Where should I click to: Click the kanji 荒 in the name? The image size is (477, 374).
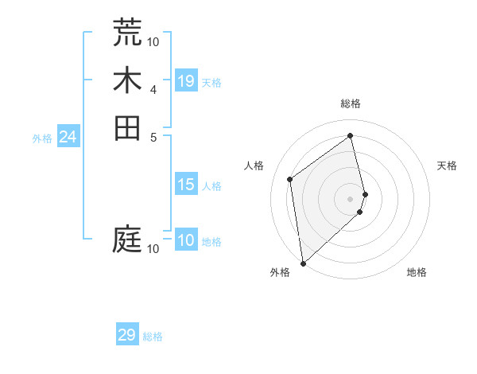127,32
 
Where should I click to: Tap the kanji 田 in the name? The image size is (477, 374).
127,127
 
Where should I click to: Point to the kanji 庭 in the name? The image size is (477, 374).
127,240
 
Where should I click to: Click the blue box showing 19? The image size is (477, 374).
186,81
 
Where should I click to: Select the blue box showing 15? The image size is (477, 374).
186,185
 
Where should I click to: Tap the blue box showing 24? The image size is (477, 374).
68,138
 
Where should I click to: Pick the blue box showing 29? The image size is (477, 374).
127,335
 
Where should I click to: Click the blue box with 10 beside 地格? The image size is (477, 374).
186,241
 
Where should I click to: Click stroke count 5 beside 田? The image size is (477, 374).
153,136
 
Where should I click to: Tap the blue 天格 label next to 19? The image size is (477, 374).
211,82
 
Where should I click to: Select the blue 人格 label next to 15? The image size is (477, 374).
211,186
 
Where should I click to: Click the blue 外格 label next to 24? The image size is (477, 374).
42,138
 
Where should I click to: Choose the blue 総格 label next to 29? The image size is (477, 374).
153,337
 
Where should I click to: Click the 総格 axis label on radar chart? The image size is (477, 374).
351,103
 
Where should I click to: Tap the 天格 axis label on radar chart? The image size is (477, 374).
447,166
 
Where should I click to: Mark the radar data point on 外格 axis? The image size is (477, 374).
303,263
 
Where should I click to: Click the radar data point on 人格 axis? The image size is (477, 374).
290,179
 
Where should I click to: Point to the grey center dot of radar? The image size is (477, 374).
351,198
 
